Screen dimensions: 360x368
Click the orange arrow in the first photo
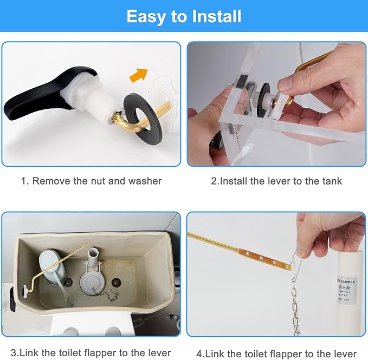tap(139, 75)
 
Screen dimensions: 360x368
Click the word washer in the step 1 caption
tap(145, 181)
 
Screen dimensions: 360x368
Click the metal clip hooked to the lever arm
tap(298, 264)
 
